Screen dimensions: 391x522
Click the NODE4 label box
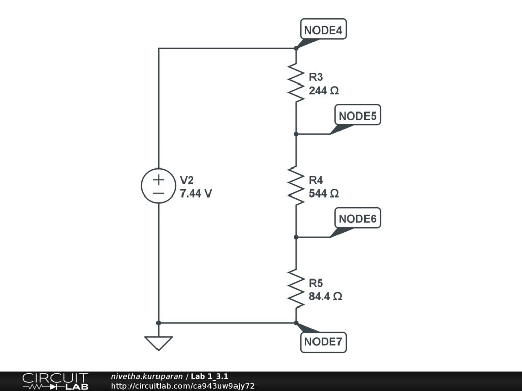tap(323, 31)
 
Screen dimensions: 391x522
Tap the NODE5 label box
tap(357, 116)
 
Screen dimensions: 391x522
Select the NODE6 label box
tap(357, 219)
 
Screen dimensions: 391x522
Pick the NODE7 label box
tap(323, 342)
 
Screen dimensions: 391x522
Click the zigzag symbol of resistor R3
tap(296, 81)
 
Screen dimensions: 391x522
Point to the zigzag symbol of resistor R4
tap(296, 185)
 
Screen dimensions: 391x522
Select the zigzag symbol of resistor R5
tap(296, 288)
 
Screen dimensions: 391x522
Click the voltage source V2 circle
tap(159, 186)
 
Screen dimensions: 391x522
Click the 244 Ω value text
tap(324, 91)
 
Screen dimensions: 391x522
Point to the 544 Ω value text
tap(324, 193)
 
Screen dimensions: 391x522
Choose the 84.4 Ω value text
tap(325, 296)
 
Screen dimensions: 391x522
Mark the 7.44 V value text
tap(196, 193)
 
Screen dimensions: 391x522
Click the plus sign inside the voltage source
tap(159, 179)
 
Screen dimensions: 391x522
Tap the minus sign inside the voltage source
tap(159, 193)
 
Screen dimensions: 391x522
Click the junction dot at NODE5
tap(296, 134)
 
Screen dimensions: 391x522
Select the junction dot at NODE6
tap(296, 237)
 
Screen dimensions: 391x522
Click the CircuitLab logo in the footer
tap(55, 381)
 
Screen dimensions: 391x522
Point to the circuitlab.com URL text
tap(182, 386)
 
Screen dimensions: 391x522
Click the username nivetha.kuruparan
tap(147, 376)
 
